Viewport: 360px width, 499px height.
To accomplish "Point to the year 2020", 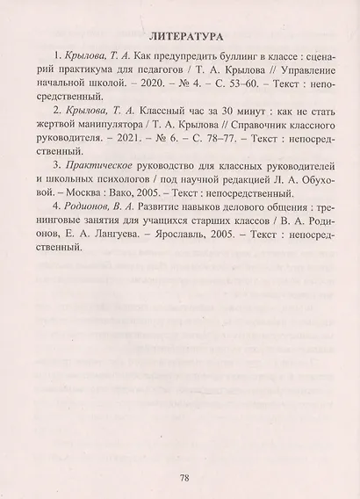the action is click(122, 90).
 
